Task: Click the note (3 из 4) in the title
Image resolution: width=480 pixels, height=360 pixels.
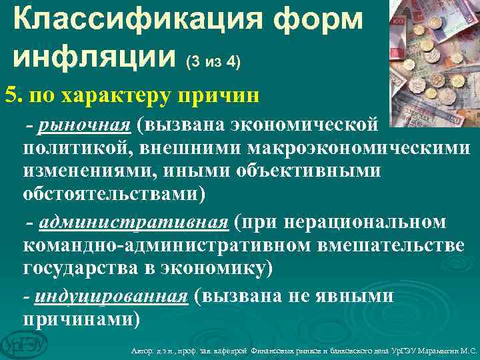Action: [x=214, y=63]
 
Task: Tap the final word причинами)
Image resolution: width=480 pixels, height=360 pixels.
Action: [x=81, y=319]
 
